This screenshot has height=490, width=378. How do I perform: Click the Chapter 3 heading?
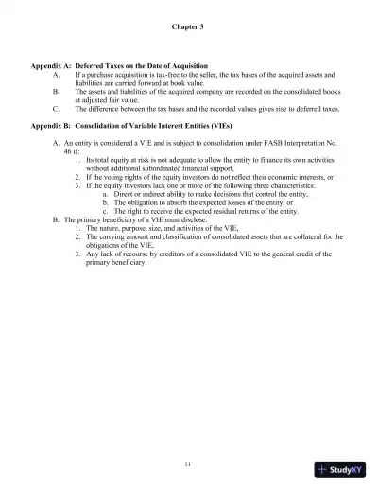[x=188, y=26]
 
